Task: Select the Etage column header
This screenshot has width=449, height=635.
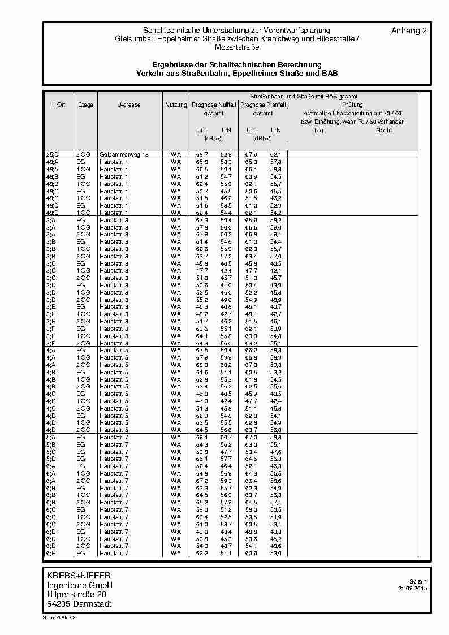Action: pos(86,105)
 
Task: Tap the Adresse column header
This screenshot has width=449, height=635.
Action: pos(130,105)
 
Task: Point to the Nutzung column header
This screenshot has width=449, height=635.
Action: pos(176,105)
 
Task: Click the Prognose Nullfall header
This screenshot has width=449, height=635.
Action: pos(214,105)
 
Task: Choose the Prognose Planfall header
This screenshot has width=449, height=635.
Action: pos(263,105)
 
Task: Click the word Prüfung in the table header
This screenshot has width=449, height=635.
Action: pos(352,105)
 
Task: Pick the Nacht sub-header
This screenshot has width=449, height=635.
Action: pos(384,131)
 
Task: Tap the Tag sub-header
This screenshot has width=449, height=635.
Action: pos(318,131)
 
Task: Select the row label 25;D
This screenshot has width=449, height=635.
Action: pos(52,154)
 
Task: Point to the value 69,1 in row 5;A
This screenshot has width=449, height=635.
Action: pos(201,437)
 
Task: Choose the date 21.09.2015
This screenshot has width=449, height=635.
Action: pos(413,588)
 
